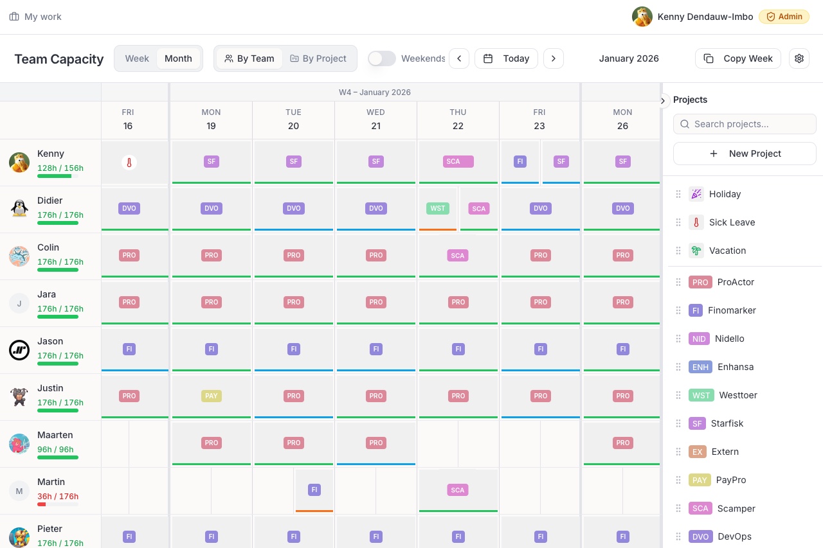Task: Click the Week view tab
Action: pos(137,58)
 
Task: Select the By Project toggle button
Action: pos(318,58)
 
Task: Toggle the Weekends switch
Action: pos(382,58)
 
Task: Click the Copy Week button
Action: pos(738,58)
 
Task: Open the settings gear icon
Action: pos(799,58)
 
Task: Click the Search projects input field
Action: pos(745,124)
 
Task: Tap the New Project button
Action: pos(745,154)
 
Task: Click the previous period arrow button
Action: pos(459,58)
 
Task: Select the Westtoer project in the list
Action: pos(738,395)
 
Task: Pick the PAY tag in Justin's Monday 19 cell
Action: pos(212,396)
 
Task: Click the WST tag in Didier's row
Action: pos(438,208)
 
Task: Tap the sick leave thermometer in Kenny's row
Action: pos(129,163)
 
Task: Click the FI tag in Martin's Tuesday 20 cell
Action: pos(314,490)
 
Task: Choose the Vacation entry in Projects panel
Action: pos(727,251)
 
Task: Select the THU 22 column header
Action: pos(458,119)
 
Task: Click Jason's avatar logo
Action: pos(19,350)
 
